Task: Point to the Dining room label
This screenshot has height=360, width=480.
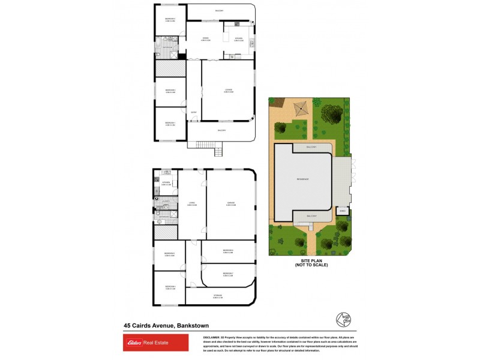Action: tap(205, 39)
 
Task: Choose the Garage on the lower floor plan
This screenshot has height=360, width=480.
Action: tap(230, 205)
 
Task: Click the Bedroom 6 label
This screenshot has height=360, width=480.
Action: tap(227, 251)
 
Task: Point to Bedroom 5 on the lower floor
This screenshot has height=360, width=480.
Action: tap(169, 254)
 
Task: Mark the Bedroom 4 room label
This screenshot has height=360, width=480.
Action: tap(169, 287)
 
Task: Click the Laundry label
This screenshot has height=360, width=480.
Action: tap(167, 202)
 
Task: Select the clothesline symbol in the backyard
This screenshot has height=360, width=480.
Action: tap(301, 110)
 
